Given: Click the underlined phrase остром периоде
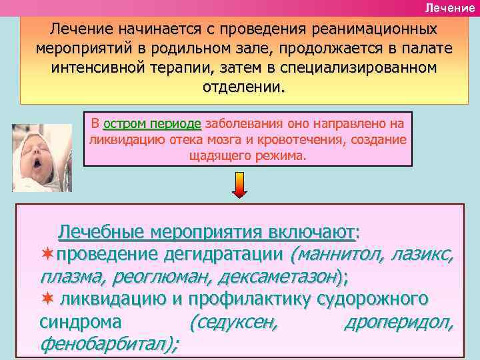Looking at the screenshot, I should click(152, 124).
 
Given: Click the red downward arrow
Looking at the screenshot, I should click(241, 185).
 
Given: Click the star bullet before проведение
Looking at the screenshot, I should click(47, 255).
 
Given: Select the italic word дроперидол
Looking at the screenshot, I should click(399, 323).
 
